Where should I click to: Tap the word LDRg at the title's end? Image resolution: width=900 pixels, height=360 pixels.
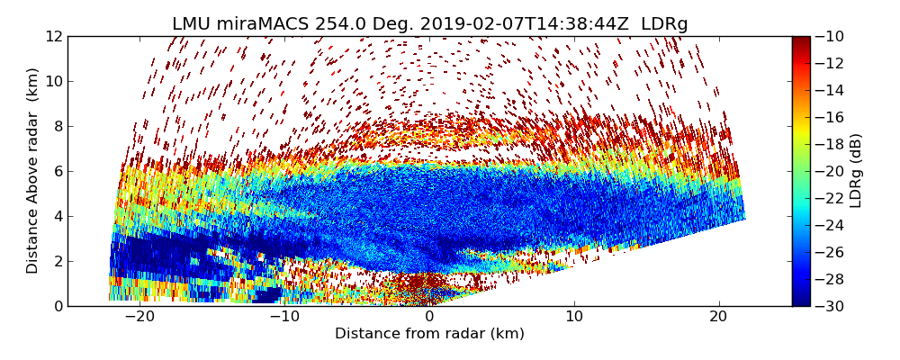(664, 24)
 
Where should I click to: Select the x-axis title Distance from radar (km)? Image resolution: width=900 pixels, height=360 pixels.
(429, 334)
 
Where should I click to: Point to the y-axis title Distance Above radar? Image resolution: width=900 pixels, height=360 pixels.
(33, 171)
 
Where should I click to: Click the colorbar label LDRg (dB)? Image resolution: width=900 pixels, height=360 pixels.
(856, 171)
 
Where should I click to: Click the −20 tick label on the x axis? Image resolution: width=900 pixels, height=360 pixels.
(139, 317)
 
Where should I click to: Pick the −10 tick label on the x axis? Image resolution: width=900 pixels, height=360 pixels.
(284, 317)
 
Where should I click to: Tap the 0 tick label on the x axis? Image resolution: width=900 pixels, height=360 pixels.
(429, 317)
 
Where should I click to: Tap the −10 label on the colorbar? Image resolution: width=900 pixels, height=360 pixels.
(828, 36)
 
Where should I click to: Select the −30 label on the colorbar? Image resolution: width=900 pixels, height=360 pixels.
(828, 306)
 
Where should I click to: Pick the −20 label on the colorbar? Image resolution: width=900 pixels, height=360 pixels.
(828, 171)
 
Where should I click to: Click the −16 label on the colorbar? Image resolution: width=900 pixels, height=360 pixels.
(828, 117)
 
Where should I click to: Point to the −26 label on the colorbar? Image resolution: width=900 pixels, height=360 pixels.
(828, 252)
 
